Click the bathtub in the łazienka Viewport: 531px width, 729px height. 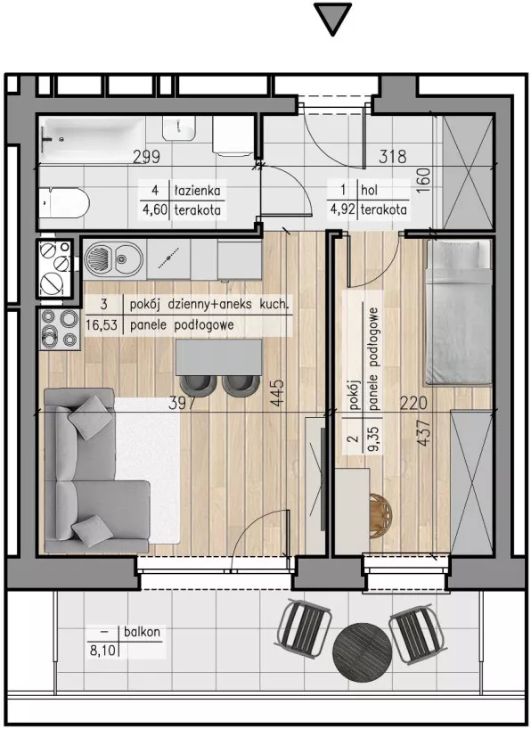(x=92, y=140)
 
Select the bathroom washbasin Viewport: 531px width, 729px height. (x=178, y=127)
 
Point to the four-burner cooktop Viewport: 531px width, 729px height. (x=60, y=330)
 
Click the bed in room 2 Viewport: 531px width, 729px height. (x=459, y=313)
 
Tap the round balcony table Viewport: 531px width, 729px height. (x=363, y=650)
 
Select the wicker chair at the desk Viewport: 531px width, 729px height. (x=380, y=516)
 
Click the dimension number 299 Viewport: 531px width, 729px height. (x=146, y=157)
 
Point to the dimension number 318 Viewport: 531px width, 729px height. (x=392, y=157)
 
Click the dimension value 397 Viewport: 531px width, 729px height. (x=182, y=403)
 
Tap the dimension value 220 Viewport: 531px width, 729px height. (x=413, y=403)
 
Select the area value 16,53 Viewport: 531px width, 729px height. (x=101, y=325)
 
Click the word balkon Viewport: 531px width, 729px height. (x=142, y=632)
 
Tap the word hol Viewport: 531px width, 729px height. (x=369, y=190)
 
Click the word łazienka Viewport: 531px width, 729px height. (x=197, y=190)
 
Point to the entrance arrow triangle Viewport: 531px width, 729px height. (x=332, y=18)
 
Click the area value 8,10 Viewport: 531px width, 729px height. (x=102, y=650)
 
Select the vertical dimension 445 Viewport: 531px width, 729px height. (x=277, y=394)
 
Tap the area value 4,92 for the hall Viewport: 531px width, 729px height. (x=342, y=209)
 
